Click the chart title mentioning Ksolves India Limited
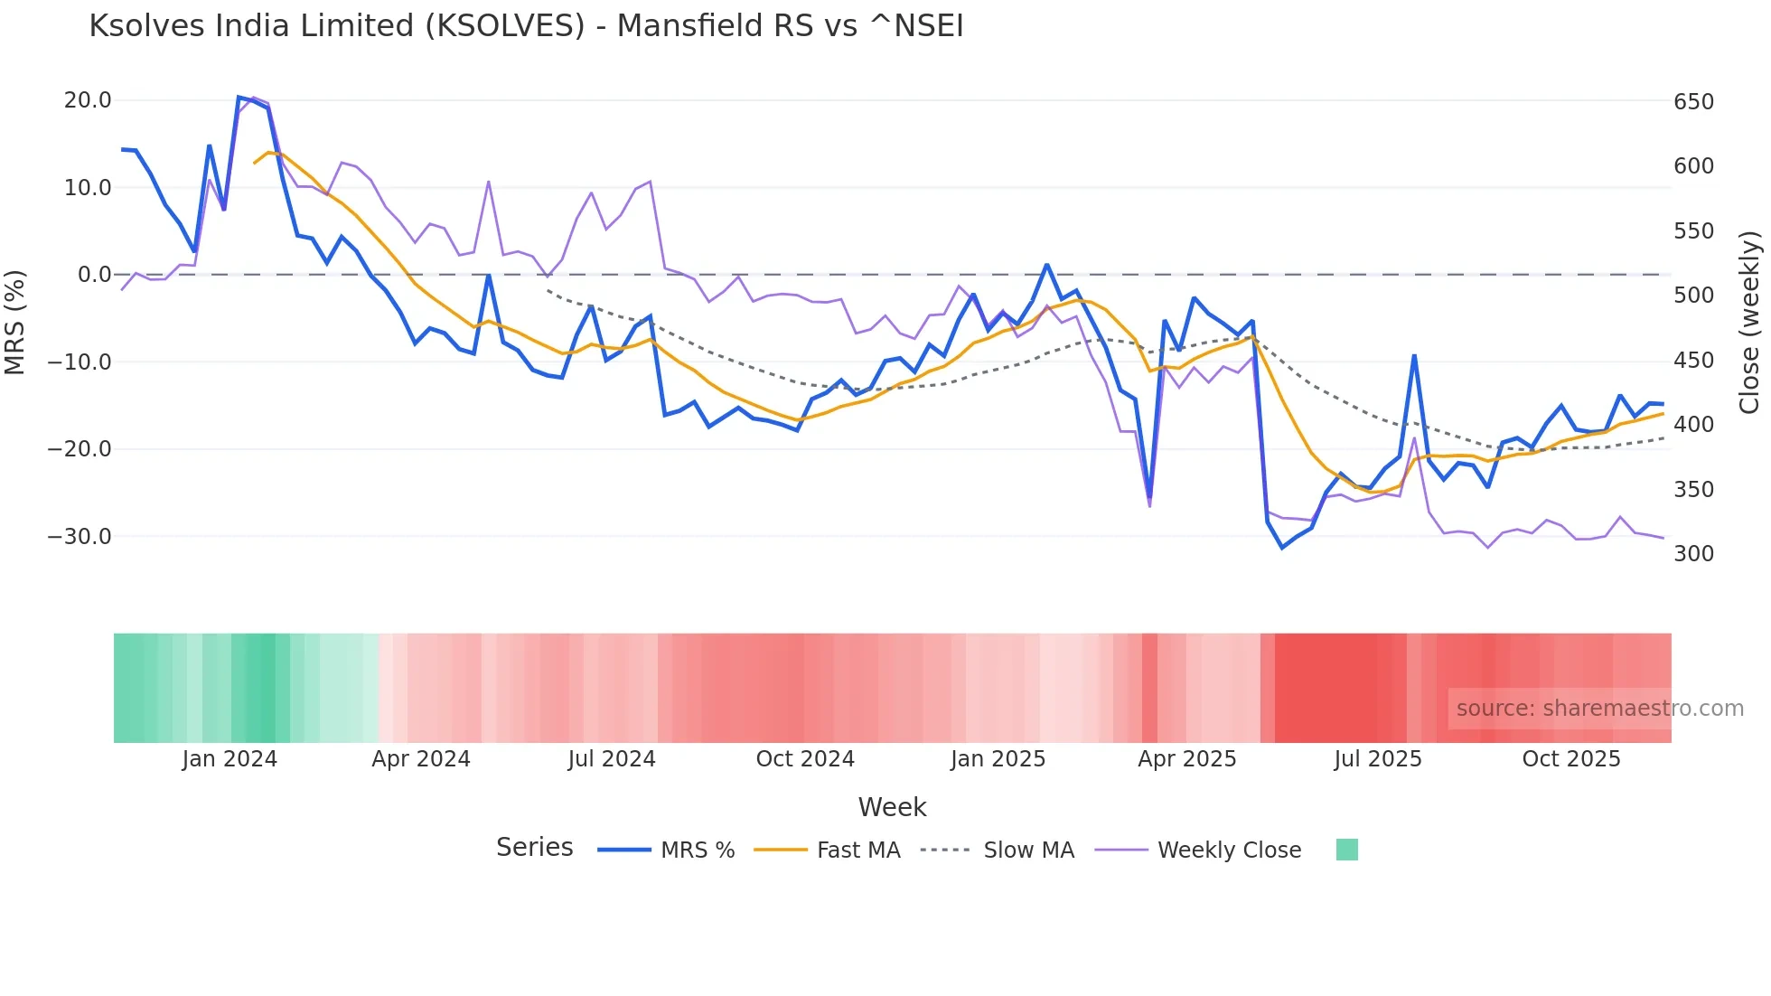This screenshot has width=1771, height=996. click(x=526, y=26)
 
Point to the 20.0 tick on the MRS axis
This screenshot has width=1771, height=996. click(x=88, y=100)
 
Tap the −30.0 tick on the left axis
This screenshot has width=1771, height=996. click(x=80, y=537)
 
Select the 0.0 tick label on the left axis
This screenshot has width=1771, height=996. click(x=94, y=275)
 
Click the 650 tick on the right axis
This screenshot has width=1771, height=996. click(x=1693, y=102)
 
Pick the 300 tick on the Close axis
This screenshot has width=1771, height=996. click(x=1693, y=554)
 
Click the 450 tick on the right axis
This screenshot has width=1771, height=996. click(x=1693, y=361)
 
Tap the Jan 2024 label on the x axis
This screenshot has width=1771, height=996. click(x=230, y=759)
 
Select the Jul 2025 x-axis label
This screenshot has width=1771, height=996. click(x=1378, y=759)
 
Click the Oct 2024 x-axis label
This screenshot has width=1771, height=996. click(x=805, y=759)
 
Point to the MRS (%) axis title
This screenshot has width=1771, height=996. click(x=15, y=322)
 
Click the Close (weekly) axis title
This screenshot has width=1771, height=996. click(x=1750, y=322)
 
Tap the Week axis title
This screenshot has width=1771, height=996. click(x=892, y=807)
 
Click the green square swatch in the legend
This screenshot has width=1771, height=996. click(x=1347, y=850)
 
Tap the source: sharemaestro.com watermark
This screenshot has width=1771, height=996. click(x=1599, y=709)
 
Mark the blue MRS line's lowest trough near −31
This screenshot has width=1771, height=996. click(x=1281, y=548)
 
